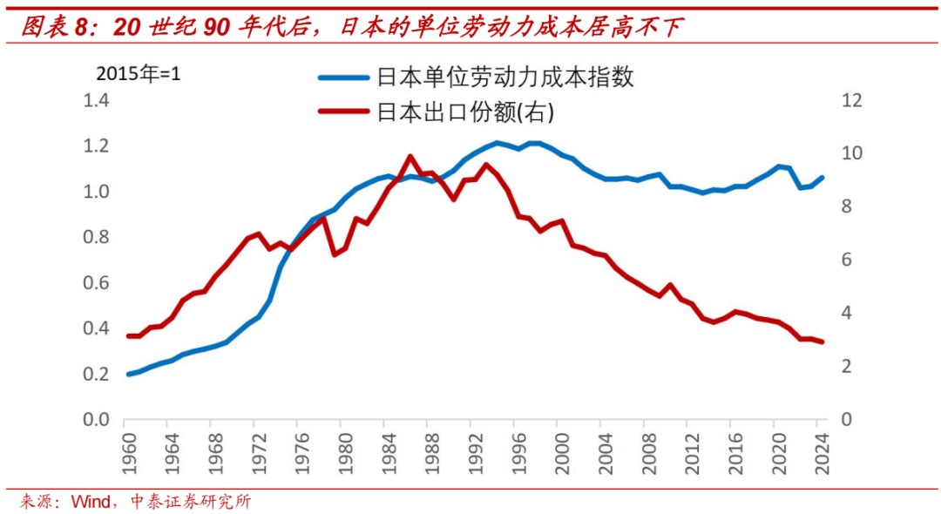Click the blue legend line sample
tap(343, 78)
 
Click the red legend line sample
tap(343, 112)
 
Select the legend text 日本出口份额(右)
tap(465, 112)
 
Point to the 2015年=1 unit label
tap(139, 74)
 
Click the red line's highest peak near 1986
tap(410, 157)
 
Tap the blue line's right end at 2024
tap(822, 178)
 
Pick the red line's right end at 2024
tap(822, 342)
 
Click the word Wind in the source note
tap(91, 502)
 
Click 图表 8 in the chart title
tap(54, 28)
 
